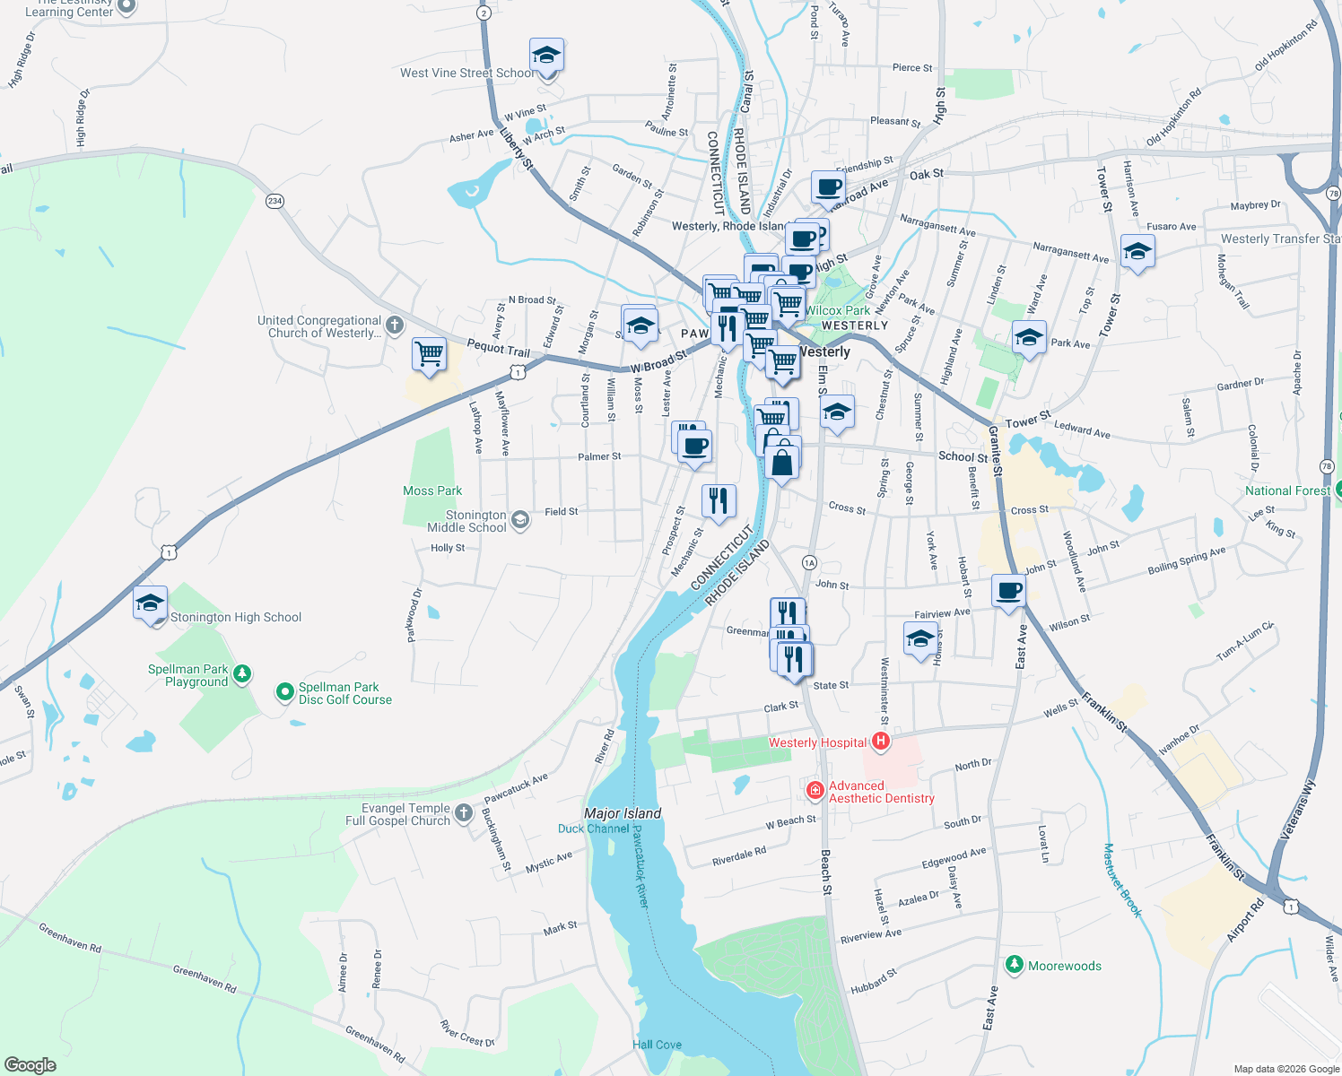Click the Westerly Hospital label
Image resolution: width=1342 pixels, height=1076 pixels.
(x=817, y=742)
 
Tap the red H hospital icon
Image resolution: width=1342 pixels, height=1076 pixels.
(x=881, y=741)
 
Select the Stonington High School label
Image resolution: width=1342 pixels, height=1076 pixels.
(x=235, y=617)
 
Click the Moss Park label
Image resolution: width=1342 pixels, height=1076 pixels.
(x=432, y=490)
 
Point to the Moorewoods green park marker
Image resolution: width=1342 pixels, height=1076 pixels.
(x=1015, y=965)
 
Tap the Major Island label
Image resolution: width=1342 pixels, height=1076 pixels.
(x=623, y=813)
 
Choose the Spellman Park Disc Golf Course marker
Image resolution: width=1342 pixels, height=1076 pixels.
(x=285, y=691)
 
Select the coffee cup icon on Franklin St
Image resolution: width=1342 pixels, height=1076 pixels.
(x=1009, y=592)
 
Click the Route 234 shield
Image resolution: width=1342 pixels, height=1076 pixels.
(x=274, y=201)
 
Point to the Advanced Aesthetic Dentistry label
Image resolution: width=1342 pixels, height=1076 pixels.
(x=881, y=792)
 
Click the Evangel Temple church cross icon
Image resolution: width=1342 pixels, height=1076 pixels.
(x=463, y=812)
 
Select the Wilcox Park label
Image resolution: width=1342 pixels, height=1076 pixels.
(x=837, y=310)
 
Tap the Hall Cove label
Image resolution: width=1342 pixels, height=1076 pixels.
(x=657, y=1045)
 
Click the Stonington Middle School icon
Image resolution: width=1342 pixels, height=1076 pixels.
(x=519, y=519)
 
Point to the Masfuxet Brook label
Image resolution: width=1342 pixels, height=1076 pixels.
(x=1122, y=880)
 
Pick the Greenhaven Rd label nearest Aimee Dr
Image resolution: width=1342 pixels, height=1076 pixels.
(x=205, y=979)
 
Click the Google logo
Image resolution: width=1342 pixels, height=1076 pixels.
(x=30, y=1064)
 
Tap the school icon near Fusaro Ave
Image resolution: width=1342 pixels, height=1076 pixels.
(x=1137, y=253)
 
